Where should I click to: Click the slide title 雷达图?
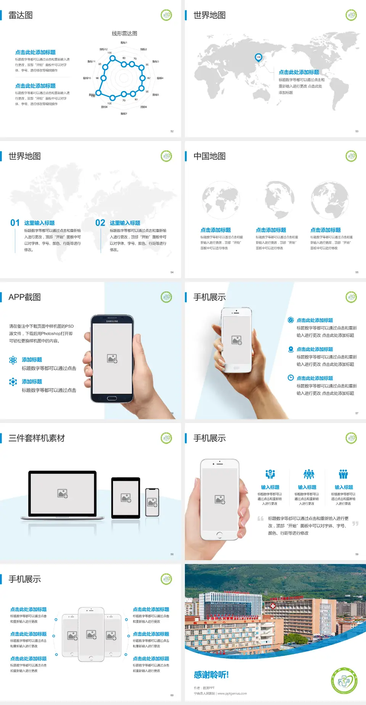pyautogui.click(x=21, y=15)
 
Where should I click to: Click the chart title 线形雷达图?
pyautogui.click(x=124, y=34)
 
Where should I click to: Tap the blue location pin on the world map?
pyautogui.click(x=258, y=58)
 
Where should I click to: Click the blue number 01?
pyautogui.click(x=15, y=223)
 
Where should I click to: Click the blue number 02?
pyautogui.click(x=100, y=223)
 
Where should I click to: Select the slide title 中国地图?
pyautogui.click(x=209, y=156)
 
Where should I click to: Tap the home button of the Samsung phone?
pyautogui.click(x=112, y=398)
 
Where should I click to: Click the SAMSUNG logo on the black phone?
pyautogui.click(x=112, y=321)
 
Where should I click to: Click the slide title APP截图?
pyautogui.click(x=24, y=297)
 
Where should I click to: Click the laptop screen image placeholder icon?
pyautogui.click(x=63, y=493)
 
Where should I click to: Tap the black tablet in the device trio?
pyautogui.click(x=126, y=498)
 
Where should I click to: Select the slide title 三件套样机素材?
pyautogui.click(x=37, y=438)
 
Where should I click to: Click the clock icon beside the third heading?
pyautogui.click(x=291, y=378)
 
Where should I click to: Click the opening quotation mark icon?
pyautogui.click(x=260, y=518)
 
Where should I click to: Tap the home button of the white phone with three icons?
pyautogui.click(x=219, y=535)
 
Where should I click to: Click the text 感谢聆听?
pyautogui.click(x=211, y=675)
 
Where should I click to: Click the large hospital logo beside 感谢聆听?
pyautogui.click(x=344, y=681)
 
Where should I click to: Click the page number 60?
pyautogui.click(x=172, y=695)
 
